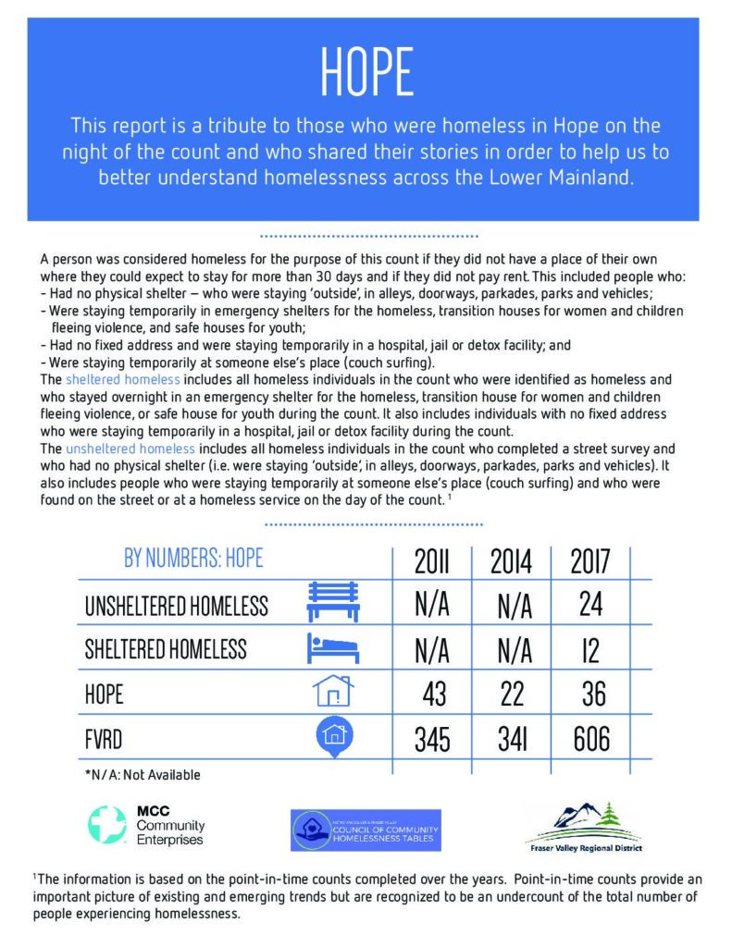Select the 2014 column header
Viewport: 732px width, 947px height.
tap(512, 560)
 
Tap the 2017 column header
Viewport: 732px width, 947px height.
tap(590, 560)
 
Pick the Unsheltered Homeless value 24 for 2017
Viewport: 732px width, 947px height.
tap(590, 605)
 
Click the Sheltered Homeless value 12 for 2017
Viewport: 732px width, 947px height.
tap(590, 649)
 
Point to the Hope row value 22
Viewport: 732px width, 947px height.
tap(512, 694)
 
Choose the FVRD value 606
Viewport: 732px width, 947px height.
tap(590, 738)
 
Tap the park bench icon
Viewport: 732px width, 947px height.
tap(330, 603)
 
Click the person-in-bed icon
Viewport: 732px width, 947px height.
tap(330, 648)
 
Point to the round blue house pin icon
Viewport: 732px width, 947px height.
tap(333, 734)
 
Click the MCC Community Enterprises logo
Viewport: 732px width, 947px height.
tap(146, 826)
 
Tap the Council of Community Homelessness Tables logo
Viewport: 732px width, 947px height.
tap(366, 830)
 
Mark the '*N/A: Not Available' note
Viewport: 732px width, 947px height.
tap(143, 775)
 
